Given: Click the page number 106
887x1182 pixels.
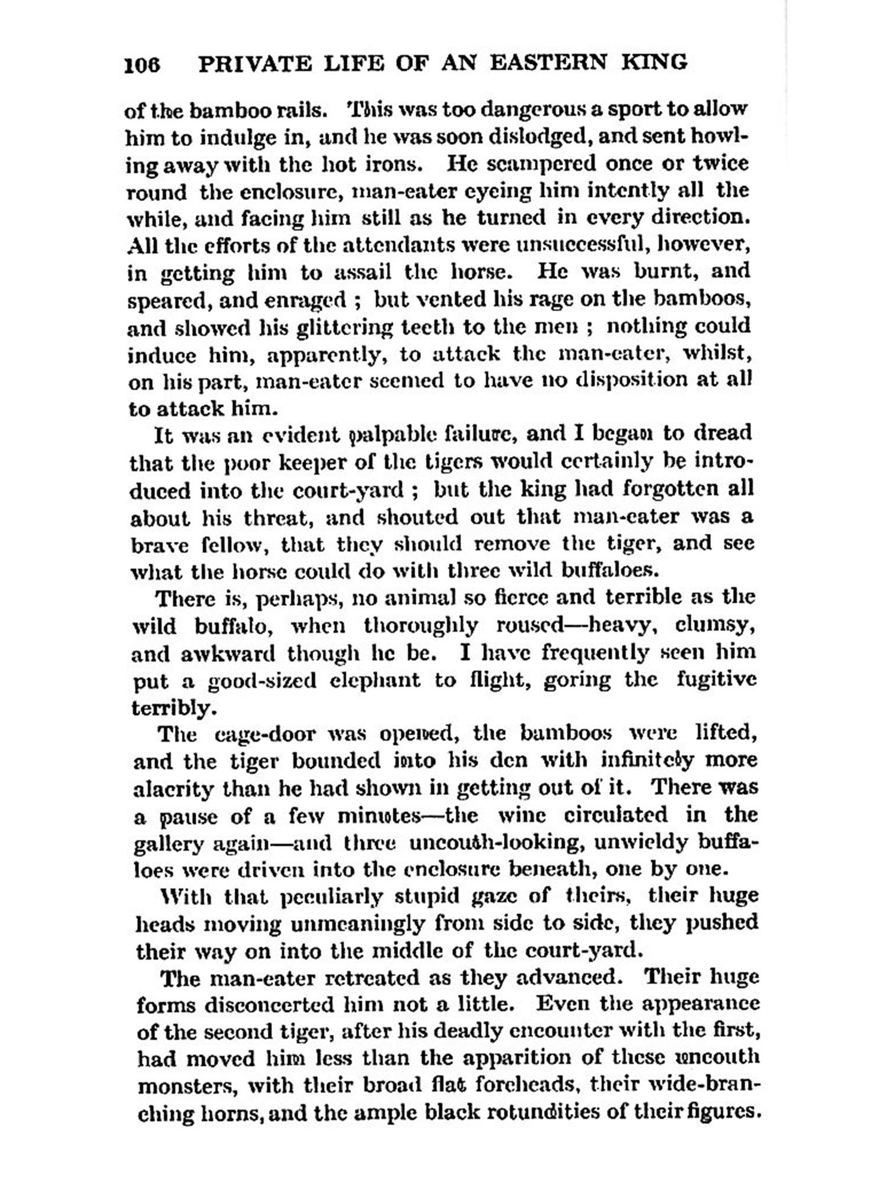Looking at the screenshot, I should click(x=142, y=64).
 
